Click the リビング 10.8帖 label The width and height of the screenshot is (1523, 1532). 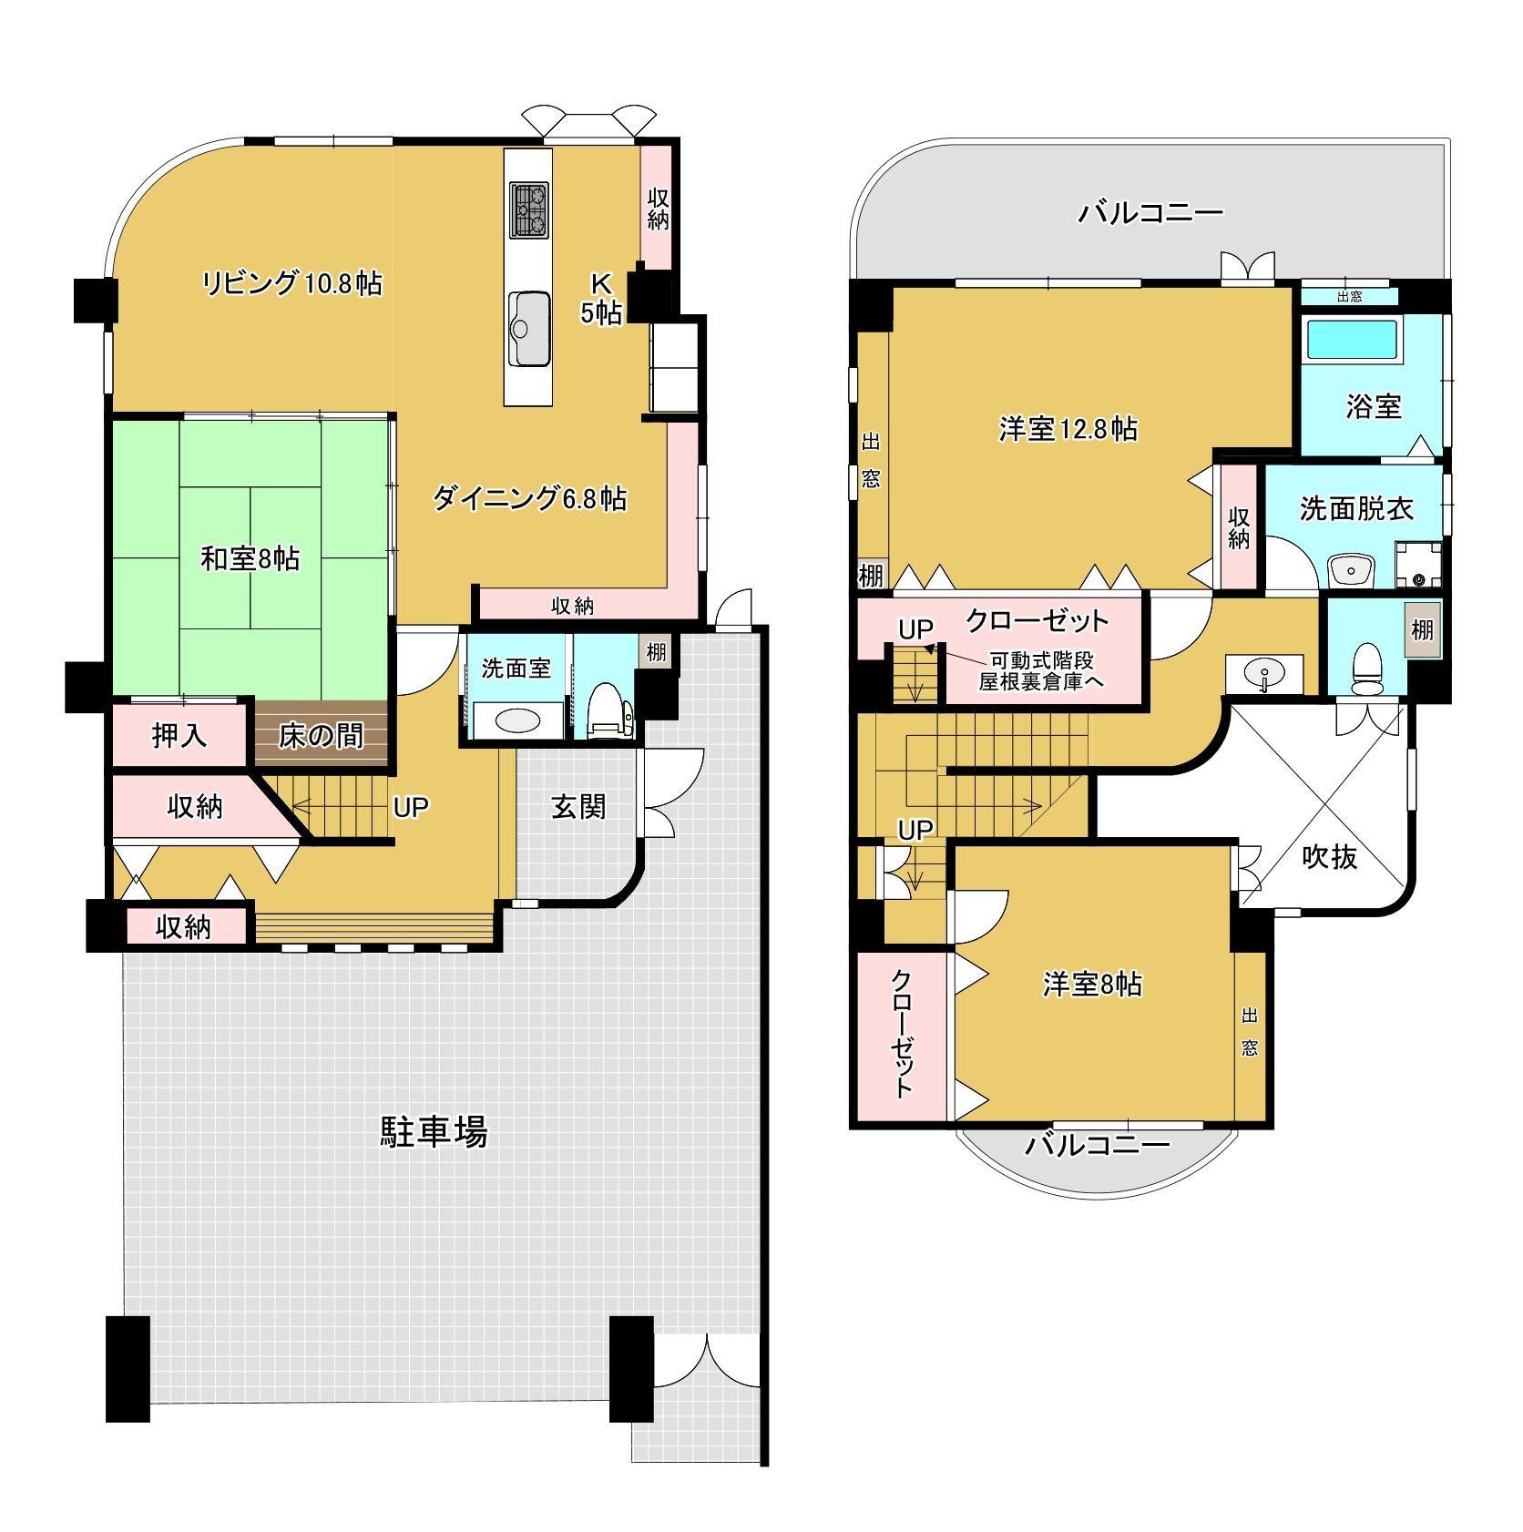tap(291, 283)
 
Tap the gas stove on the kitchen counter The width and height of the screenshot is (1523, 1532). tap(529, 210)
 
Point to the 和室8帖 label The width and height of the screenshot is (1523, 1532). tap(250, 558)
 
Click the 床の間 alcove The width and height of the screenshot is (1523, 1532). tap(321, 733)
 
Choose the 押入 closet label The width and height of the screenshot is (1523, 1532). tap(179, 735)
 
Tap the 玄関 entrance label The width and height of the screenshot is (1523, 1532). tap(578, 806)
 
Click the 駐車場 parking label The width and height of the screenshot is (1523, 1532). tap(434, 1132)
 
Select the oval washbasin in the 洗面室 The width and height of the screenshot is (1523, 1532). tap(516, 722)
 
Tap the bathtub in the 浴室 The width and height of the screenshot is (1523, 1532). tap(1352, 339)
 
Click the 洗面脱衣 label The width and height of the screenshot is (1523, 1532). tap(1356, 509)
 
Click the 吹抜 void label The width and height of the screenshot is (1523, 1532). tap(1331, 856)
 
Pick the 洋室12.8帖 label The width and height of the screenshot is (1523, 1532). tap(1068, 428)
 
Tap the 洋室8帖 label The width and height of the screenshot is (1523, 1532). tap(1092, 985)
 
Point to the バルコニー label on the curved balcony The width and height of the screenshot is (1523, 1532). tap(1098, 1145)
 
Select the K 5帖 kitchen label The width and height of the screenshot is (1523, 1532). tap(601, 297)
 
